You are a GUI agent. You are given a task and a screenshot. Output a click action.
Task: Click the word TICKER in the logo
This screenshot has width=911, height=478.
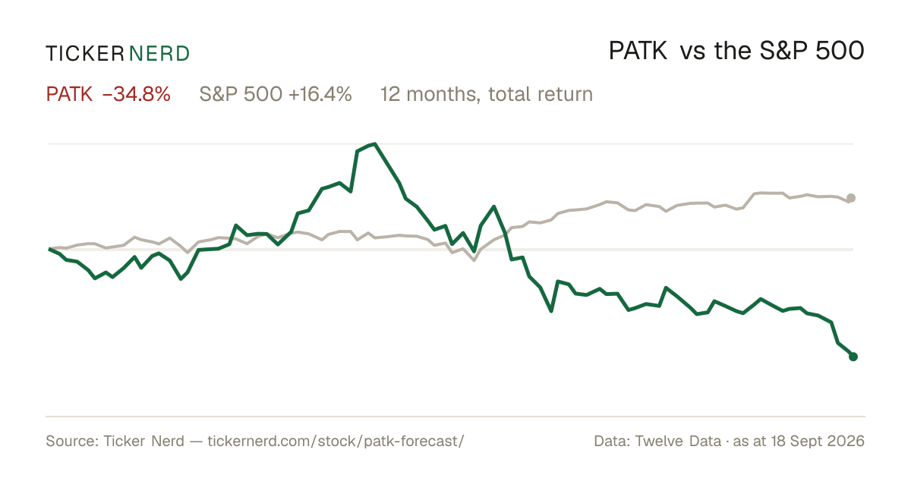(84, 54)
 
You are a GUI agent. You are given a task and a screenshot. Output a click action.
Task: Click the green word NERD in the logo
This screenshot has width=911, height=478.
(159, 54)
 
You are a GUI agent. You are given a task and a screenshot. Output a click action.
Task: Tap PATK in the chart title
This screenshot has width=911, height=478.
(638, 52)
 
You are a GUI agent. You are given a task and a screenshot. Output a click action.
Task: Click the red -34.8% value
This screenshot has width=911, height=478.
(137, 94)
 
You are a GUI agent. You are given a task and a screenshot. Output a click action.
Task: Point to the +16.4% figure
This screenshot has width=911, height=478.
(320, 94)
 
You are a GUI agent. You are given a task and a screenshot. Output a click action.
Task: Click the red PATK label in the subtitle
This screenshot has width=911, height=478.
(69, 94)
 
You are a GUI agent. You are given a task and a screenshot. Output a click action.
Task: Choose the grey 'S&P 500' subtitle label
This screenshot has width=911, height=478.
(241, 94)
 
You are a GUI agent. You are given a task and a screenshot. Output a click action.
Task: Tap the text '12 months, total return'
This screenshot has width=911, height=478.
(487, 95)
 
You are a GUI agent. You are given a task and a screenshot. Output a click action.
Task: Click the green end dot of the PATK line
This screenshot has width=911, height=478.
(853, 357)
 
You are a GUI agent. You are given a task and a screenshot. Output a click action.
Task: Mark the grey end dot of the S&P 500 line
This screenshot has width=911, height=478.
(851, 198)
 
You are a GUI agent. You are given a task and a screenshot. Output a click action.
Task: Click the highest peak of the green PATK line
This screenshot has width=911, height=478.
(374, 143)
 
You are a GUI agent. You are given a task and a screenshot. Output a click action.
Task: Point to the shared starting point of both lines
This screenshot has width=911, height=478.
(49, 248)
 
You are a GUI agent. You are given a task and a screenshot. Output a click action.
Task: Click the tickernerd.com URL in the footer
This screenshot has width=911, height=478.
(336, 441)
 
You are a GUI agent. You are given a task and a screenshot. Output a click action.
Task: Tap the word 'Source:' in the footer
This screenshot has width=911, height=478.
(72, 441)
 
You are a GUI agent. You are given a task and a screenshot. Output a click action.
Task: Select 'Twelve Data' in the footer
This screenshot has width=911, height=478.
(678, 441)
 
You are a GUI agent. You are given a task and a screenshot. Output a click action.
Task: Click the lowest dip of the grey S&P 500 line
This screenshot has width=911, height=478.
(474, 260)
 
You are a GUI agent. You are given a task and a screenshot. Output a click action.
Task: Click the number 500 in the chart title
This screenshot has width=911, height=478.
(840, 52)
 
